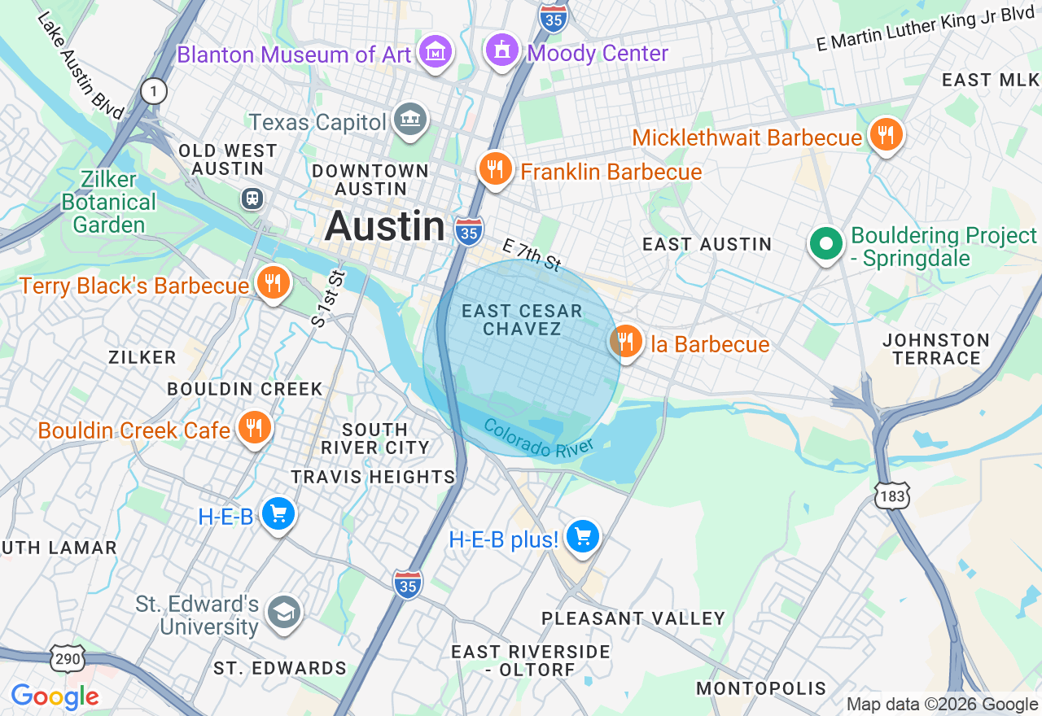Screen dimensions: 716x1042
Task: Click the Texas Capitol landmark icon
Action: click(409, 120)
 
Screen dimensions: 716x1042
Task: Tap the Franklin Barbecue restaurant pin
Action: click(494, 169)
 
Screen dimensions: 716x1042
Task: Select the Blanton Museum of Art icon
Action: click(436, 53)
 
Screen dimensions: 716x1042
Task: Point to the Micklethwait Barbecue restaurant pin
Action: click(885, 135)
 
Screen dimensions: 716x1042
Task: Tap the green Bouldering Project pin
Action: click(826, 243)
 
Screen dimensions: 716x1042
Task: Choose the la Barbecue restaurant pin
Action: click(625, 342)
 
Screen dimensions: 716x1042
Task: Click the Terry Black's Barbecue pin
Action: click(272, 283)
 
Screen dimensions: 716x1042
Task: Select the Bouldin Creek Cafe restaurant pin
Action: click(254, 428)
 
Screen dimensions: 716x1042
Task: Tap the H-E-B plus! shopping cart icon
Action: click(583, 537)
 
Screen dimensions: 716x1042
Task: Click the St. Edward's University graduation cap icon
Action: click(284, 613)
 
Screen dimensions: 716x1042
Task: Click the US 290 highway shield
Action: click(66, 657)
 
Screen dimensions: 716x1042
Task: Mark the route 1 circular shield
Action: click(153, 91)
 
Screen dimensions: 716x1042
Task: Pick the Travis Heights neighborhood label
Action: click(373, 477)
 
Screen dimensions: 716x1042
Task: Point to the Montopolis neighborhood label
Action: click(760, 688)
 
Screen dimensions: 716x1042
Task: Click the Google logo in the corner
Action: click(55, 696)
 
